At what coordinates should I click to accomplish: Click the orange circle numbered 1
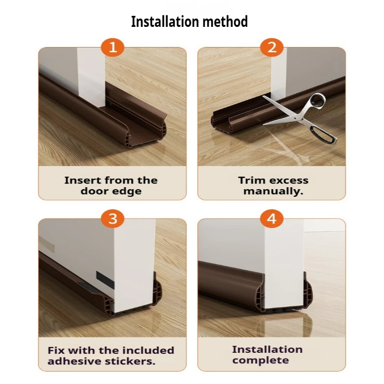click(112, 48)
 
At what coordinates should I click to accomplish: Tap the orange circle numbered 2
click(272, 48)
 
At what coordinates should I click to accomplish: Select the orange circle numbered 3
click(112, 219)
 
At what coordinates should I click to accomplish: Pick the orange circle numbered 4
click(272, 219)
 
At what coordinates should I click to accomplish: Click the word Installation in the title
click(166, 22)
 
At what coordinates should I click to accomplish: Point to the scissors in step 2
click(302, 115)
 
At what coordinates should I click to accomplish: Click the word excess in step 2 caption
click(288, 180)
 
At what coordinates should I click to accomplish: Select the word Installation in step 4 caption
click(267, 349)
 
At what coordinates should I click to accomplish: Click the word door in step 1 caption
click(94, 191)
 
